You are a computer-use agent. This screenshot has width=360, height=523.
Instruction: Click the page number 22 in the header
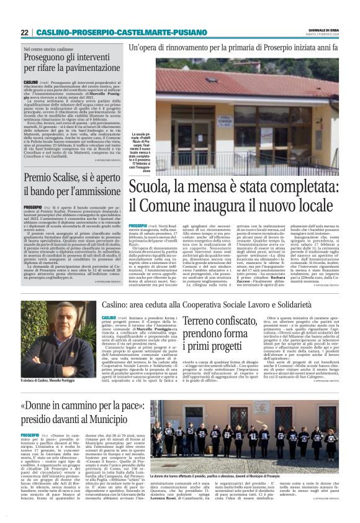click(25, 32)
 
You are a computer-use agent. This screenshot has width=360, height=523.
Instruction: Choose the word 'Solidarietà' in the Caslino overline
click(310, 304)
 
